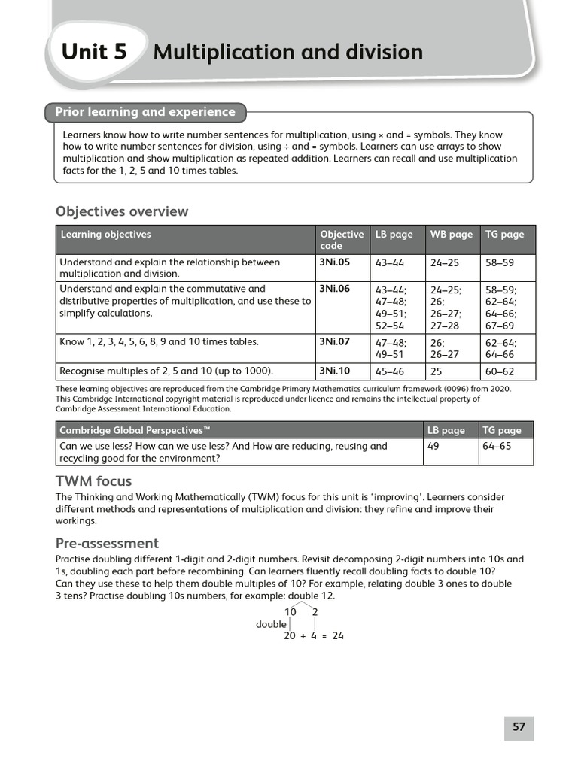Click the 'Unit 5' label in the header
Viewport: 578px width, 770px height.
(94, 52)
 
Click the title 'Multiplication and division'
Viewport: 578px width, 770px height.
(287, 53)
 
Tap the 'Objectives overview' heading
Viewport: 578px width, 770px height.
(122, 211)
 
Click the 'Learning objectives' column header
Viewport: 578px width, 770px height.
(105, 235)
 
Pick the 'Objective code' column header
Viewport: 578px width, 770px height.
(341, 240)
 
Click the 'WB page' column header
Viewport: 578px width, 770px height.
(451, 235)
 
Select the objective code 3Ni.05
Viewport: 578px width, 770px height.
(334, 262)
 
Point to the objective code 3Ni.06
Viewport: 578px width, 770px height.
(334, 289)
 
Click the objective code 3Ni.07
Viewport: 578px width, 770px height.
(334, 341)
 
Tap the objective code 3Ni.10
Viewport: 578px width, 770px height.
(334, 371)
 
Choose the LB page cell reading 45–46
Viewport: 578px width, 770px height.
(389, 371)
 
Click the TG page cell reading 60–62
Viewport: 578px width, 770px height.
(500, 371)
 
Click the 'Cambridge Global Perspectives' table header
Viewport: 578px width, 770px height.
(134, 431)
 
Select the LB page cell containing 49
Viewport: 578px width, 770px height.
(433, 446)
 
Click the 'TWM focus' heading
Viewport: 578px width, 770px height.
(93, 481)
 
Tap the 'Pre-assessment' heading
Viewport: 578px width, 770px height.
(107, 543)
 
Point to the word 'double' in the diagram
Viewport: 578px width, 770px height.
(271, 624)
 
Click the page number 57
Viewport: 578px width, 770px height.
(519, 727)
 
